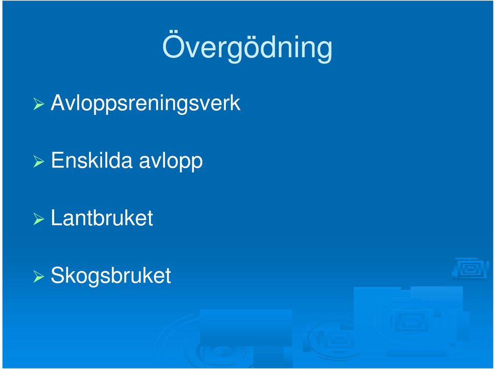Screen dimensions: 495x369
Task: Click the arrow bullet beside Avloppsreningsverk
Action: point(39,104)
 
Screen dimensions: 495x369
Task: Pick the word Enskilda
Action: point(92,160)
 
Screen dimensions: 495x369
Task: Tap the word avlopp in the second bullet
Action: point(171,162)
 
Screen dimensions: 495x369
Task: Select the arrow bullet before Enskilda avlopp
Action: point(39,161)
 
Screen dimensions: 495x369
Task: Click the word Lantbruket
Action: point(102,217)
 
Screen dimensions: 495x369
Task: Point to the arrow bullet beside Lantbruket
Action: point(39,219)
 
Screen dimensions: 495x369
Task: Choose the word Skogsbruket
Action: point(111,276)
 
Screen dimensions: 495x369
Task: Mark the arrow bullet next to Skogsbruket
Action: point(39,277)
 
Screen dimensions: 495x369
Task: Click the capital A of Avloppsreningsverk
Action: point(59,103)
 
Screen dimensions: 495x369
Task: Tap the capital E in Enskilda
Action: point(58,160)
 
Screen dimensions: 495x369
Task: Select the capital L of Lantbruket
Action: point(57,217)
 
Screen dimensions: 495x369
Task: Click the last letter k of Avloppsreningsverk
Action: point(235,103)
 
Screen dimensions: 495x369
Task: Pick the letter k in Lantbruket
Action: point(130,217)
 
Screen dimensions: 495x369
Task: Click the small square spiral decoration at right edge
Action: point(470,269)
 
